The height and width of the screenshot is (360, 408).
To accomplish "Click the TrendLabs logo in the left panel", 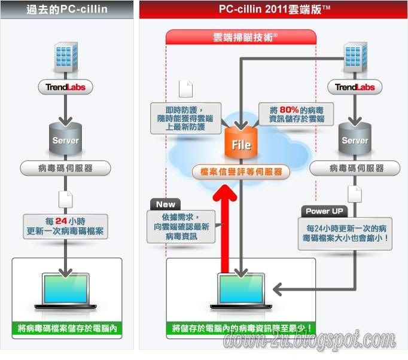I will coord(66,87).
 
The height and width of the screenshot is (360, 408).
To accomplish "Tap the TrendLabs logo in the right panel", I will coord(355,87).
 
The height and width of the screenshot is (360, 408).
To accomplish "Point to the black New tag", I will coord(165,205).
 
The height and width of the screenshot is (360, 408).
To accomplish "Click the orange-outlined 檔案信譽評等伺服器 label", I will coord(241,172).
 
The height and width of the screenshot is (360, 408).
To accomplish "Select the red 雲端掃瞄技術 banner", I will coord(241,37).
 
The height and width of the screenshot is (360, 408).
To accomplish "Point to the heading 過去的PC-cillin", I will coord(66,10).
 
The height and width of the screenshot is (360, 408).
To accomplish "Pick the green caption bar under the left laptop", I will coord(66,328).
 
